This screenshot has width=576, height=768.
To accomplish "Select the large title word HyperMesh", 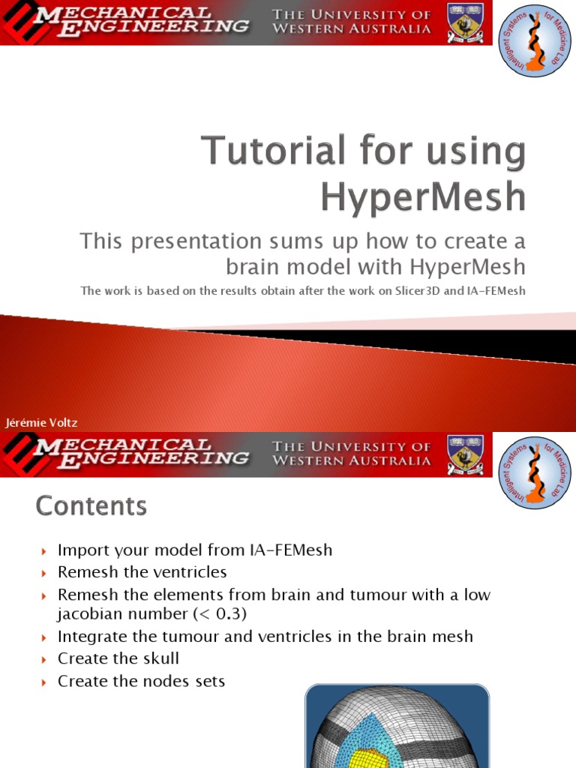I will pos(424,196).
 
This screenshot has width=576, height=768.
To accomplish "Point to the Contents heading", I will pos(91,507).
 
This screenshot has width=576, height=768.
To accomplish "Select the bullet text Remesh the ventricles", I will pos(142,572).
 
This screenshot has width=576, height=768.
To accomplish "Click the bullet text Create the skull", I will pos(118,658).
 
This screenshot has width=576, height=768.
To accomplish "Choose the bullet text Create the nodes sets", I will pos(141,681).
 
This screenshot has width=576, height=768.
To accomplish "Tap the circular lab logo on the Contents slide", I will pos(535,472).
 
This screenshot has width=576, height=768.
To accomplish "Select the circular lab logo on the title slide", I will pos(535,40).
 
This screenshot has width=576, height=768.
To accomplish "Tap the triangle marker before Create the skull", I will pos(43,659).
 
